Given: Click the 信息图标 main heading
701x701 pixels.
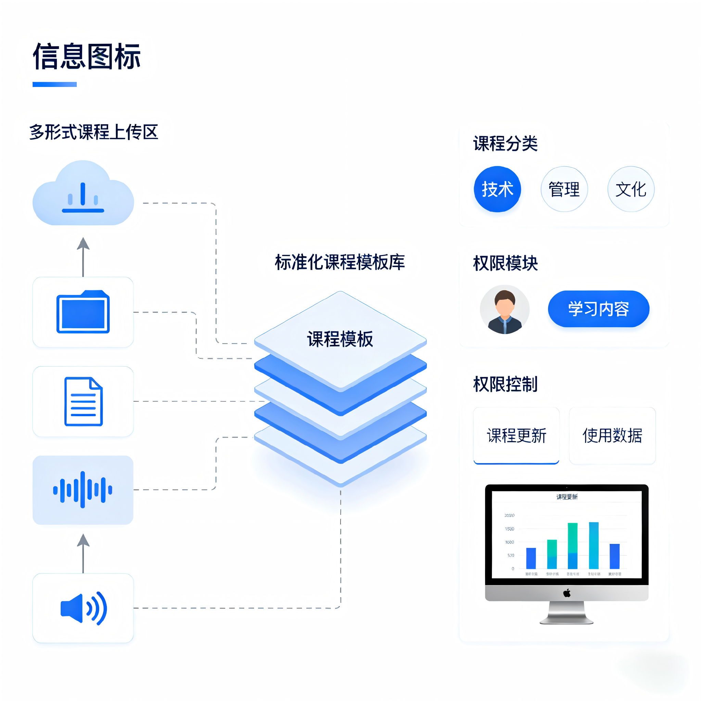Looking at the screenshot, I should click(86, 56).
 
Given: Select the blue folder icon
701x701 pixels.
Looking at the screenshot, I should click(83, 312).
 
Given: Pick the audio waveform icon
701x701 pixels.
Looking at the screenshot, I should click(83, 490).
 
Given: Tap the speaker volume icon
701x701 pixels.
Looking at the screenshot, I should click(83, 609).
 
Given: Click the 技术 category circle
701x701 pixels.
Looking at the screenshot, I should click(497, 189).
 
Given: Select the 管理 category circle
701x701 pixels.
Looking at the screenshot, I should click(564, 189).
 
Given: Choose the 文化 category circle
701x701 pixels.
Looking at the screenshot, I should click(631, 189).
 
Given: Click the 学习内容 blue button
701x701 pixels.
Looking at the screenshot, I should click(598, 309).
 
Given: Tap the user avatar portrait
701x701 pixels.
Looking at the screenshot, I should click(504, 309).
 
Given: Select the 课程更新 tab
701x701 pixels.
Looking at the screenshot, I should click(516, 435).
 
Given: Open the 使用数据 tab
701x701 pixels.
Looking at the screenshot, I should click(612, 435).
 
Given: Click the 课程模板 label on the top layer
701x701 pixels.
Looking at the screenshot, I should click(340, 339).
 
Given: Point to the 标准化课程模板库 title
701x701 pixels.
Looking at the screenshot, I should click(340, 262).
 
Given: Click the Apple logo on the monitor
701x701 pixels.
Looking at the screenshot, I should click(567, 593).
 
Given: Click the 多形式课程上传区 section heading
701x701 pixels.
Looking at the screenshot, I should click(93, 132).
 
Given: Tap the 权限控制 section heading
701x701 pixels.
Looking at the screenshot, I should click(505, 384).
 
